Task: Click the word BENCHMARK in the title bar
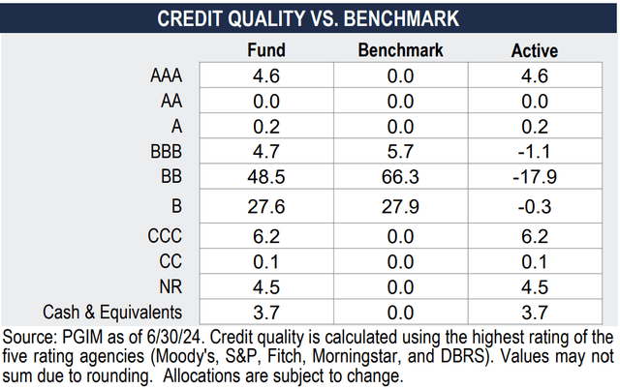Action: [x=405, y=17]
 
